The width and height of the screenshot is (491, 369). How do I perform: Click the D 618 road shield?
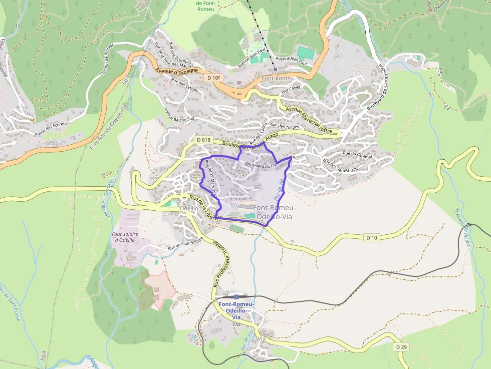(203, 140)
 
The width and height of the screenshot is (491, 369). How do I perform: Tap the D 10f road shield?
(213, 78)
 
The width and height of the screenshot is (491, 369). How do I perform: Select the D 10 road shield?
(371, 237)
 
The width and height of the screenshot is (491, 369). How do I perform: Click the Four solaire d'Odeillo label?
(125, 236)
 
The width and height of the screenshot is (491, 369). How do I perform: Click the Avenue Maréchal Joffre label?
(309, 120)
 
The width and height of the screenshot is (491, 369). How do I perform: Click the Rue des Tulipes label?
(284, 126)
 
